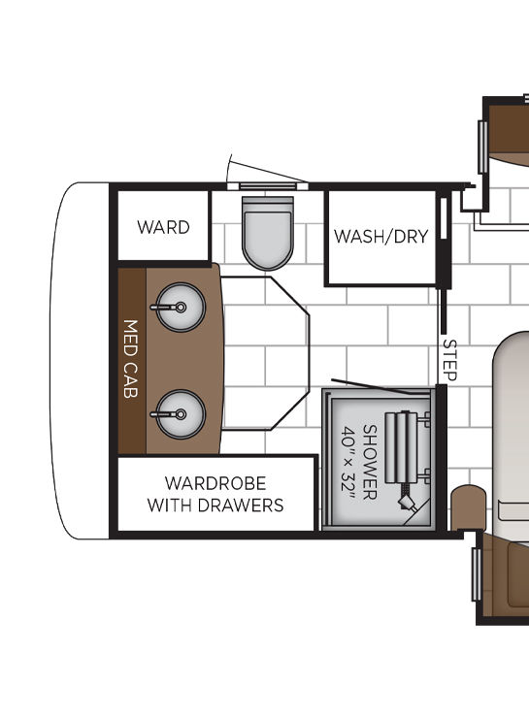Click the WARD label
pyautogui.click(x=163, y=227)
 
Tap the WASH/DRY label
pyautogui.click(x=381, y=237)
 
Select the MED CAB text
pyautogui.click(x=130, y=359)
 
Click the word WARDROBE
pyautogui.click(x=215, y=483)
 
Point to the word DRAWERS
pyautogui.click(x=243, y=506)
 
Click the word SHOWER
pyautogui.click(x=370, y=462)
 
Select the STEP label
pyautogui.click(x=449, y=360)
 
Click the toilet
pyautogui.click(x=268, y=233)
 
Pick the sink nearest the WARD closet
pyautogui.click(x=180, y=308)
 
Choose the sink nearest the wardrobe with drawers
pyautogui.click(x=180, y=414)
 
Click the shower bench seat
pyautogui.click(x=402, y=447)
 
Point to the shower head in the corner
pyautogui.click(x=407, y=502)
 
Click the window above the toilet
pyautogui.click(x=268, y=186)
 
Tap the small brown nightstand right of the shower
pyautogui.click(x=468, y=508)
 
